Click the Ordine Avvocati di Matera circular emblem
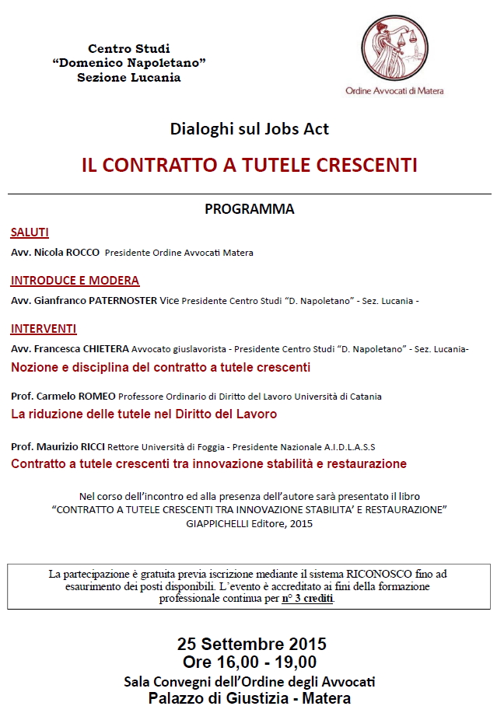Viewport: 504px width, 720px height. point(394,48)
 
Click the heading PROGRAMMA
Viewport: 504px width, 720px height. point(249,209)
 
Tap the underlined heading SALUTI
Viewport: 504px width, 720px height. point(30,232)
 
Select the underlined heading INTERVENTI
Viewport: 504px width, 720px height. point(44,328)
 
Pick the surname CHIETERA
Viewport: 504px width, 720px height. point(105,349)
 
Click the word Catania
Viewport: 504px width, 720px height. point(363,397)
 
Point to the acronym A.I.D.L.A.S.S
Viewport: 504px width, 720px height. point(345,447)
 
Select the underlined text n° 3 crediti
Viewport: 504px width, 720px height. point(308,599)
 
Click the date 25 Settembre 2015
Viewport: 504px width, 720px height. point(251,645)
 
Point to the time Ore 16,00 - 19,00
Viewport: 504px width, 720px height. point(250,662)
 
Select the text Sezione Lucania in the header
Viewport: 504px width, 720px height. point(129,77)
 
